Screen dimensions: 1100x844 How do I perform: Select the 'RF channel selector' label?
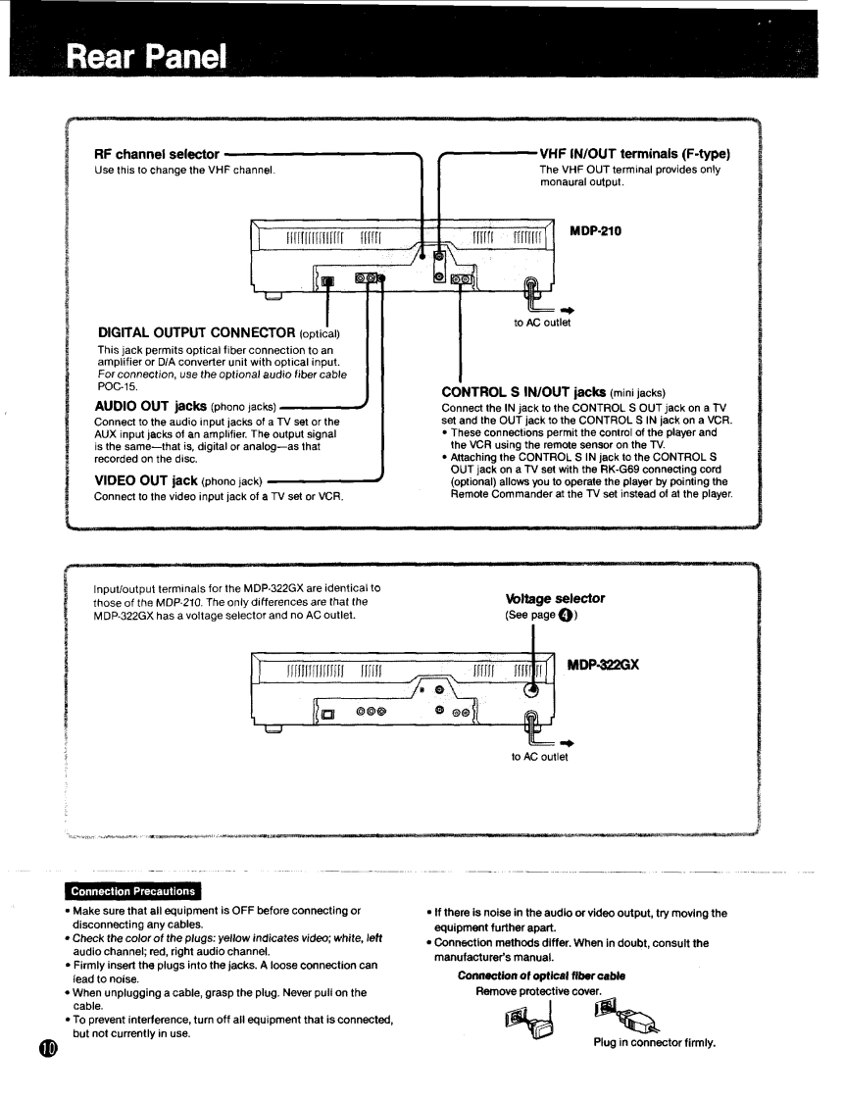click(x=157, y=154)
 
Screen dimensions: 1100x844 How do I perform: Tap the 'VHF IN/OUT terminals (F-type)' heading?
click(x=635, y=154)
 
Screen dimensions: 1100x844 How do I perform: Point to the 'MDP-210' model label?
click(x=596, y=231)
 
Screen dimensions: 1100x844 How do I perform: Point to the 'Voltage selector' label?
click(x=556, y=597)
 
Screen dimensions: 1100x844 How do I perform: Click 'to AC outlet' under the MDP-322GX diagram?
click(x=539, y=755)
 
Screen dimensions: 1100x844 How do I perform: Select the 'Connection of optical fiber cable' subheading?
click(x=541, y=975)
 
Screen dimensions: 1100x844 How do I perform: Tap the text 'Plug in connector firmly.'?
click(x=655, y=1041)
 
